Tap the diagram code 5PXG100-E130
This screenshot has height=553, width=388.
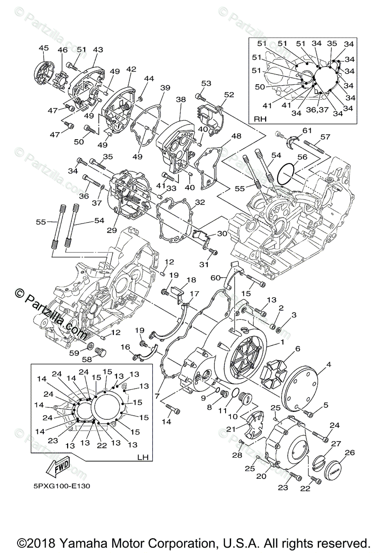pos(62,486)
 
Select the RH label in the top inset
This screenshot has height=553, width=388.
pos(261,119)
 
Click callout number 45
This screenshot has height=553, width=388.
pos(44,48)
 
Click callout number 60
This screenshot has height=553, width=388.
pos(215,278)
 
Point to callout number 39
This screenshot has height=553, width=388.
pos(165,88)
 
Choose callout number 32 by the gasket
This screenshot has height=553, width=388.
pos(200,202)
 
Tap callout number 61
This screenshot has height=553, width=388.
pos(307,130)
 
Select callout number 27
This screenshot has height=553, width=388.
pos(336,444)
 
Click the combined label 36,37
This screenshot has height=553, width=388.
pos(317,109)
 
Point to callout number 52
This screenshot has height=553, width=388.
pos(229,94)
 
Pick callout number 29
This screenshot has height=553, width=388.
pos(112,230)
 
